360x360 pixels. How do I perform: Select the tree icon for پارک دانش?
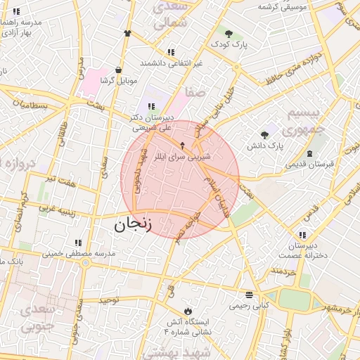tap(264, 135)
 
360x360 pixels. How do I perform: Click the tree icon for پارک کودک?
tap(228, 32)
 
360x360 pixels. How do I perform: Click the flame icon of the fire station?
tap(188, 310)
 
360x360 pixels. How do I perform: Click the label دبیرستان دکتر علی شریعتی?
tap(150, 123)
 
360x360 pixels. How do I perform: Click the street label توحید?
tap(110, 300)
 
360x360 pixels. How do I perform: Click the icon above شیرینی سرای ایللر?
tap(183, 146)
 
